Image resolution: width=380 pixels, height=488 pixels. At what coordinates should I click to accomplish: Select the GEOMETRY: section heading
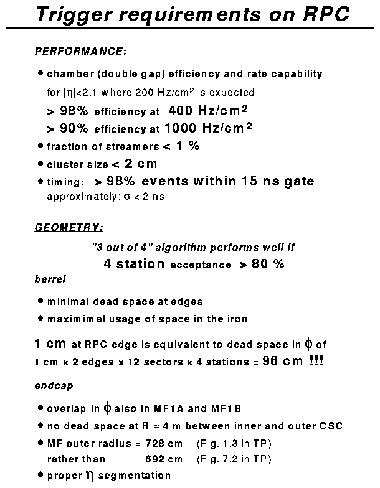click(x=69, y=227)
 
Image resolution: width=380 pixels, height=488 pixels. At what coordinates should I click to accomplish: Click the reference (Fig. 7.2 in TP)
click(x=226, y=459)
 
